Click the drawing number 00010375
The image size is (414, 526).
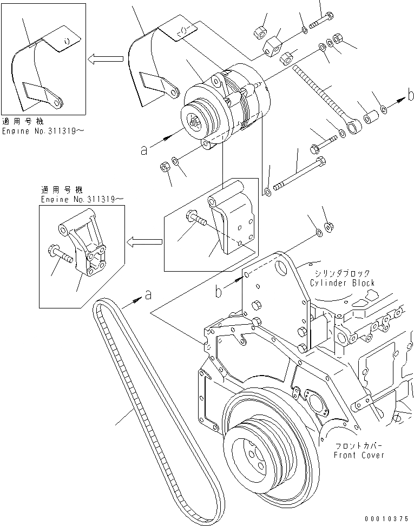coord(383,518)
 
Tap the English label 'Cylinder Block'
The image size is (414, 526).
coord(342,283)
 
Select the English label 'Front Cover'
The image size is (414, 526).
coord(359,455)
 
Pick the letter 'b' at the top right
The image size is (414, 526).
coord(410,96)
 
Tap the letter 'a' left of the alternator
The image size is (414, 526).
coord(144,151)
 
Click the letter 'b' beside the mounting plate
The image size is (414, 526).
coord(218,292)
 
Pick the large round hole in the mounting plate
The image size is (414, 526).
coord(281,269)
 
